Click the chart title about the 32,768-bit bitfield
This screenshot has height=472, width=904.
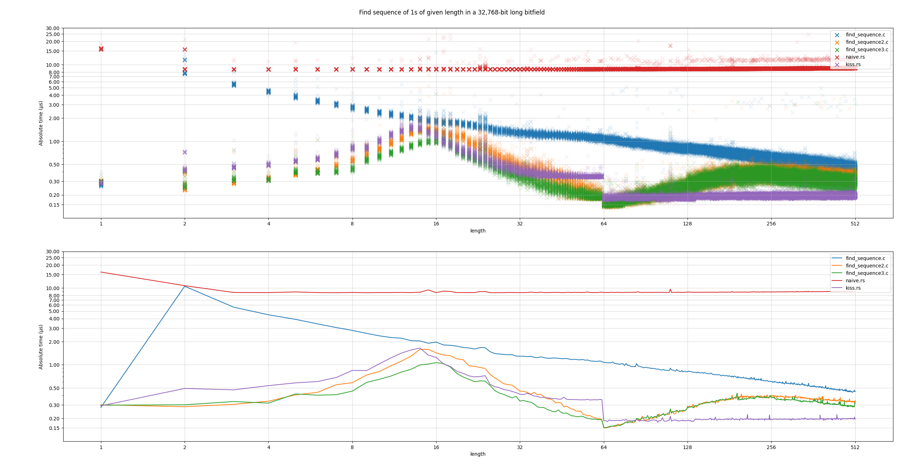[x=452, y=12]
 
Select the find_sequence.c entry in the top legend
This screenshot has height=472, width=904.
[x=865, y=35]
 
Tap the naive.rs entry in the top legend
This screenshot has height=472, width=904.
[x=855, y=57]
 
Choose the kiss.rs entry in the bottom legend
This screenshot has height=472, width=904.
[x=853, y=288]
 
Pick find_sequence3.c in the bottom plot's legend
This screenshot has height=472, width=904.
[x=867, y=273]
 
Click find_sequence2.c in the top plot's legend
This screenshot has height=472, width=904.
[x=867, y=42]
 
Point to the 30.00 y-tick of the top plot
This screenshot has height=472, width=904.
[x=53, y=28]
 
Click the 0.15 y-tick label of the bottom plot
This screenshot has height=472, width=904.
[x=54, y=428]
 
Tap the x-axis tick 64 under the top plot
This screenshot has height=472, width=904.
[x=603, y=224]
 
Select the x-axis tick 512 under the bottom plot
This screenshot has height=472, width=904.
[x=855, y=447]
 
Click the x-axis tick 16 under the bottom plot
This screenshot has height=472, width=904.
[x=436, y=447]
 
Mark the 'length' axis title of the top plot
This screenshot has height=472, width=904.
[x=478, y=231]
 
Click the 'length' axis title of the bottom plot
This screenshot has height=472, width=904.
[x=478, y=454]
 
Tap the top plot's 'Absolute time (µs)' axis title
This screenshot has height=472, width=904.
[x=41, y=123]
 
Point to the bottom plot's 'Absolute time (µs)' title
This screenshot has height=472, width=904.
[x=41, y=347]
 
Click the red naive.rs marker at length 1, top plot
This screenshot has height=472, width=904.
[x=101, y=49]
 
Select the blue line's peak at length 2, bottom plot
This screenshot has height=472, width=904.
[x=185, y=286]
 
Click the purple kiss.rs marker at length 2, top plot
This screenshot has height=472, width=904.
[x=185, y=152]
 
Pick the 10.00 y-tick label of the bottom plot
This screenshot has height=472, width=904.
[x=53, y=288]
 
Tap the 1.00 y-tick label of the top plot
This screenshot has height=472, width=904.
[x=54, y=142]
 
